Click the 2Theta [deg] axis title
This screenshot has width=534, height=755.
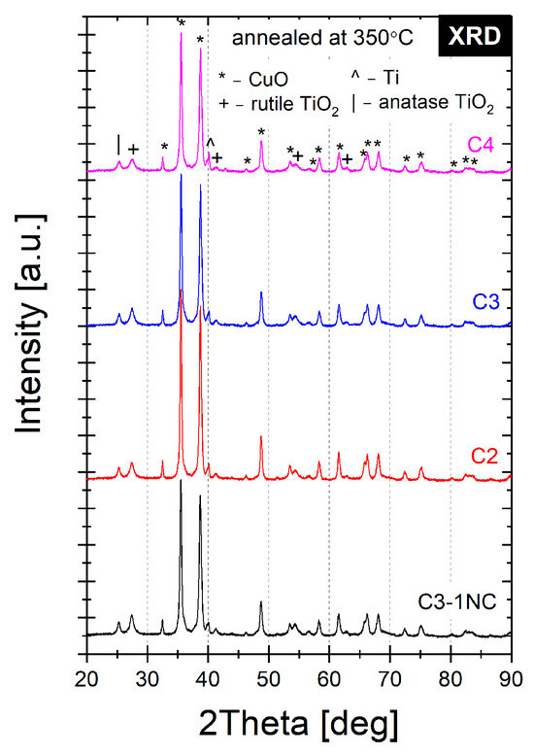pos(299,724)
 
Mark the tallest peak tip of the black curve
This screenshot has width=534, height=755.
pos(181,481)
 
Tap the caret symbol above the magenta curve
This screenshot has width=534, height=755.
pos(210,144)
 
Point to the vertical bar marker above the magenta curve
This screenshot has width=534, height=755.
pos(118,143)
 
